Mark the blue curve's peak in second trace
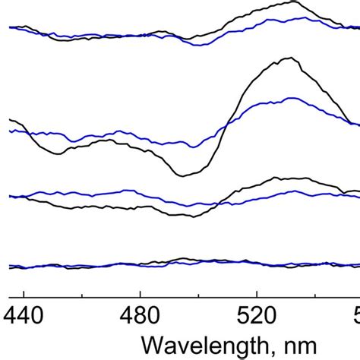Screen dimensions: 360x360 point(292,98)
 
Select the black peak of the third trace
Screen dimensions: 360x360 point(285,178)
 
